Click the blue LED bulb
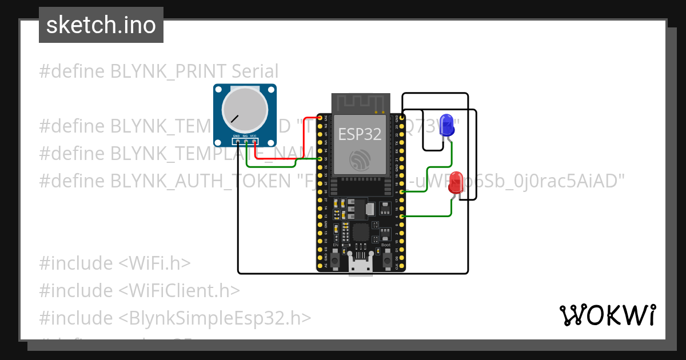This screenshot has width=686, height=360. [446, 125]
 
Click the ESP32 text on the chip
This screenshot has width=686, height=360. [360, 134]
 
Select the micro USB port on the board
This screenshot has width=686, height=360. [360, 265]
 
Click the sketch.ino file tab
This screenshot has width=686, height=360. [101, 25]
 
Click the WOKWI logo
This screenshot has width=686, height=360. [607, 315]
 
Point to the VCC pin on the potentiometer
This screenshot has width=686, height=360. [253, 141]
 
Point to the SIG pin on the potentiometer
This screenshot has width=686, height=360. [245, 141]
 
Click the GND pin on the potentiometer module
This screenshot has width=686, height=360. [237, 141]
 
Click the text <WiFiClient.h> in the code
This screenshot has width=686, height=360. [179, 290]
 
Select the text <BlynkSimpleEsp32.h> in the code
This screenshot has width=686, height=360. [215, 318]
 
